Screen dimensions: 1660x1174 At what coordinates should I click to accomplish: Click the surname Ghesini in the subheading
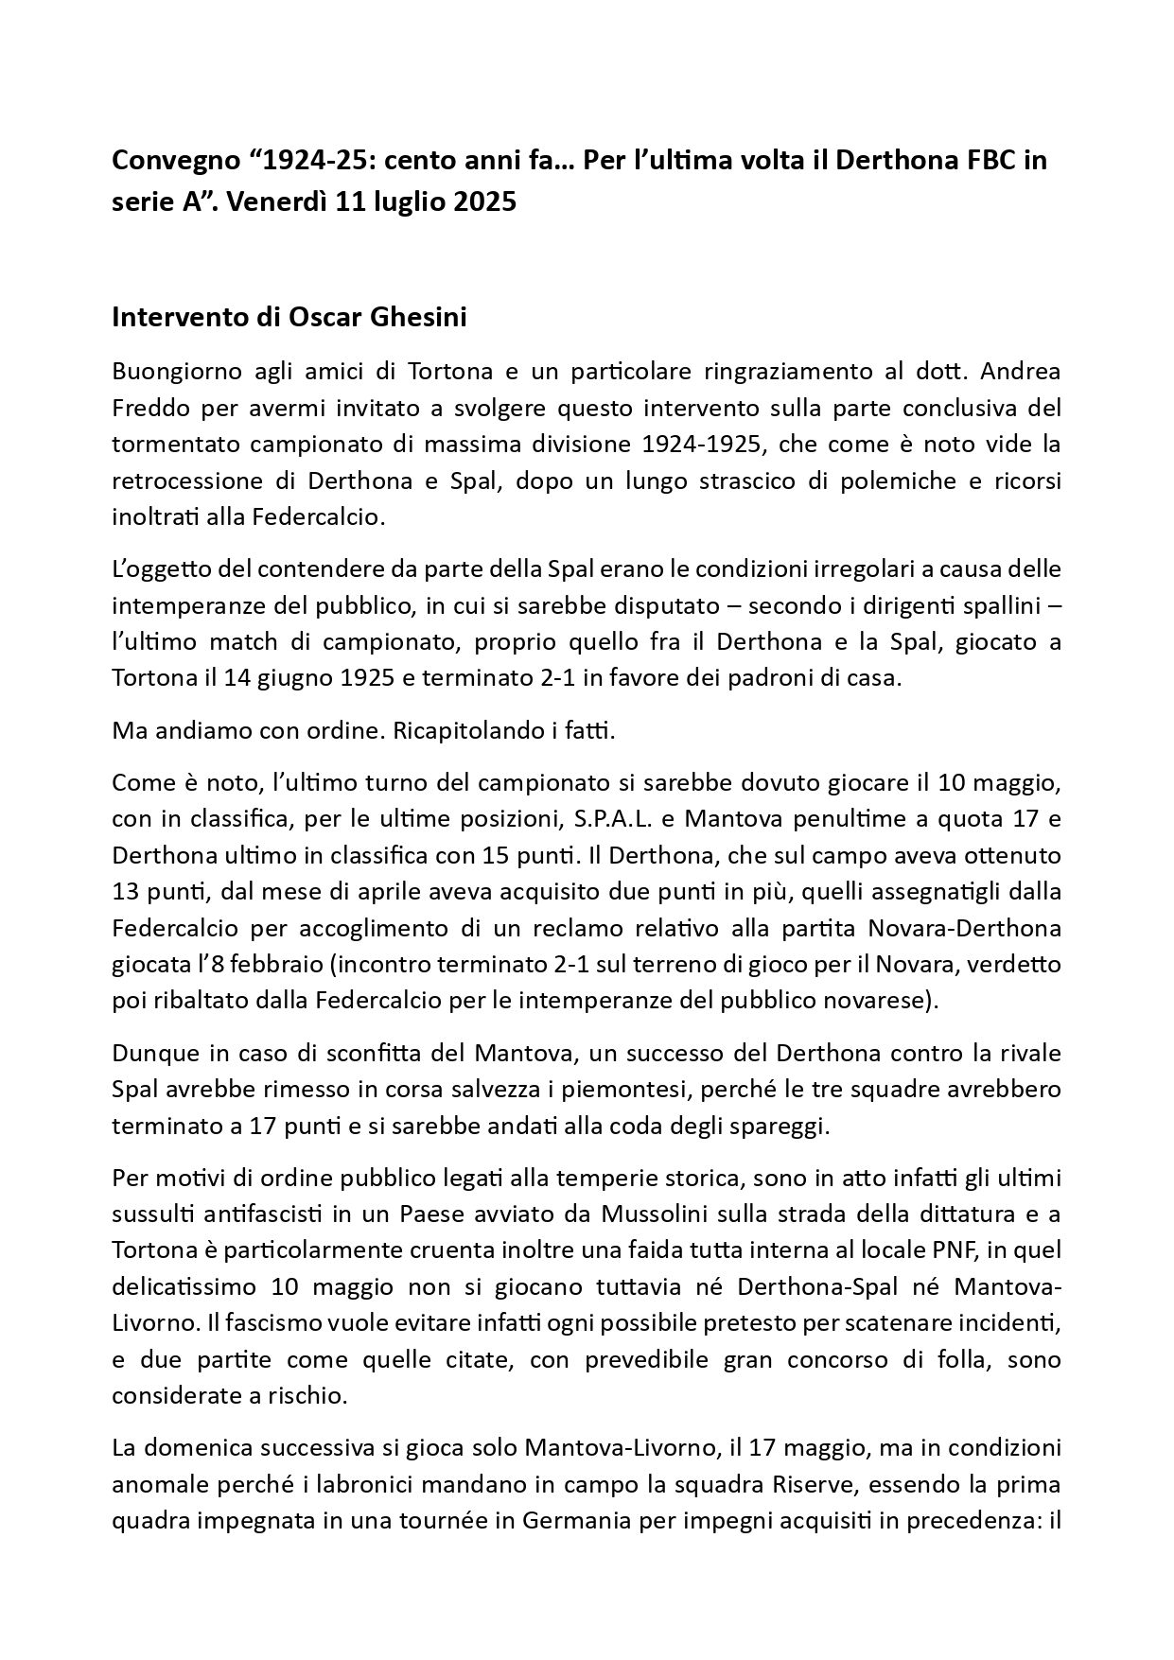point(416,317)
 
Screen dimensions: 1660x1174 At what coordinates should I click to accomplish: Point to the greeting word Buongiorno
point(176,372)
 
